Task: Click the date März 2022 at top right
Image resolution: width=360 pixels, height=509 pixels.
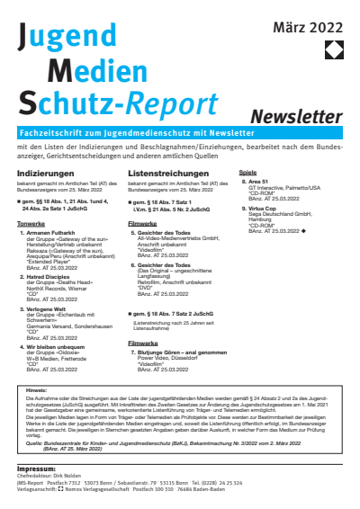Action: (x=309, y=30)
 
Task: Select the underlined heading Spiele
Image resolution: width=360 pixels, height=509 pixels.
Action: (x=247, y=171)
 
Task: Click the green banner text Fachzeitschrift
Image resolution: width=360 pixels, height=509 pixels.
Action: (x=53, y=132)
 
